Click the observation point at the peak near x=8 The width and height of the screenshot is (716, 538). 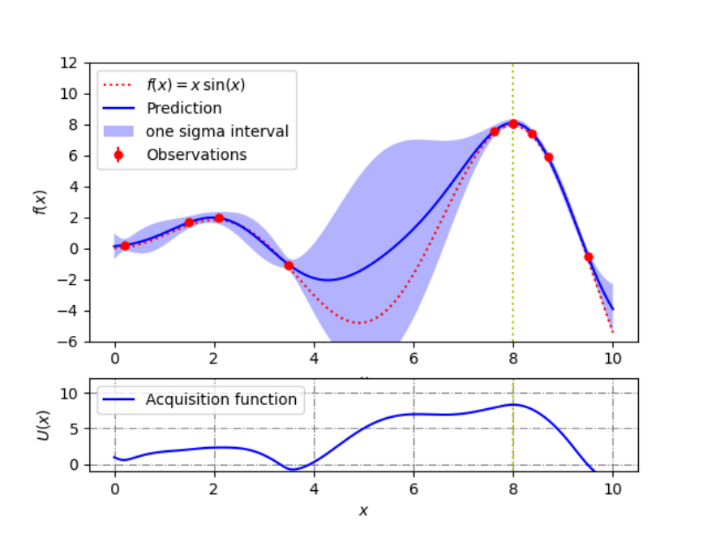click(x=513, y=123)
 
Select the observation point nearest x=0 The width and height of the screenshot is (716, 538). click(x=125, y=245)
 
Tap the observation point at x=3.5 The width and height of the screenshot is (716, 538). click(x=289, y=265)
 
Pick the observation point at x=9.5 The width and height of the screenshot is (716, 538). click(x=588, y=257)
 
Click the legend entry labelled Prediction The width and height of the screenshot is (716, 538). click(x=183, y=108)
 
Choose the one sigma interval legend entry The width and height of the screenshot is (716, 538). click(x=217, y=131)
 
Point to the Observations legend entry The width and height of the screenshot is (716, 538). click(x=196, y=153)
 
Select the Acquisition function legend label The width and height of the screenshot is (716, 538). click(x=221, y=399)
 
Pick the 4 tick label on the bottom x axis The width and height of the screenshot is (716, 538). click(x=314, y=490)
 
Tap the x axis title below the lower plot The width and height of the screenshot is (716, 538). click(x=363, y=510)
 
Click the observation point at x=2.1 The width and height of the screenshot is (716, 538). click(x=219, y=218)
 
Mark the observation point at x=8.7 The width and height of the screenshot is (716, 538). click(x=548, y=157)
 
